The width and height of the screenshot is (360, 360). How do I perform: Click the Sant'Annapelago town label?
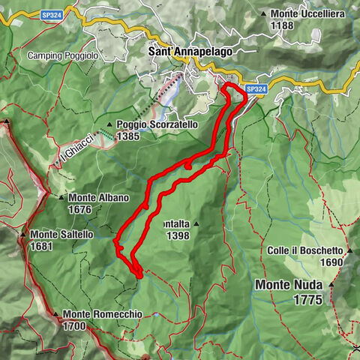pos(190,52)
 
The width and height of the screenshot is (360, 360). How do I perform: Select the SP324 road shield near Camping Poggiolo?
pos(52,14)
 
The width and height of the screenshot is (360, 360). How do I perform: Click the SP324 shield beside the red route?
pos(256,89)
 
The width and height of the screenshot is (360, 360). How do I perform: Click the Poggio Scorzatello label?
pos(157,124)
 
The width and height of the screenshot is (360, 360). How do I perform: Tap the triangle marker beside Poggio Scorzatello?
pos(109,125)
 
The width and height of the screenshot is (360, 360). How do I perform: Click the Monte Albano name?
pos(99,198)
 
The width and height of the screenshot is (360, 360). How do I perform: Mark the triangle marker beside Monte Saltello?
pos(25,234)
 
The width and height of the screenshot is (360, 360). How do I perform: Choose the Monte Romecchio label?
pos(102,314)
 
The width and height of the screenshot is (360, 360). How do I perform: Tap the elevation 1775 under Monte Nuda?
pos(307,300)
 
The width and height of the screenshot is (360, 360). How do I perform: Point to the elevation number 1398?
pos(179,235)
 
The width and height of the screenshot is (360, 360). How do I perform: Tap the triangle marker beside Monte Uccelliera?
pos(264,13)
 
